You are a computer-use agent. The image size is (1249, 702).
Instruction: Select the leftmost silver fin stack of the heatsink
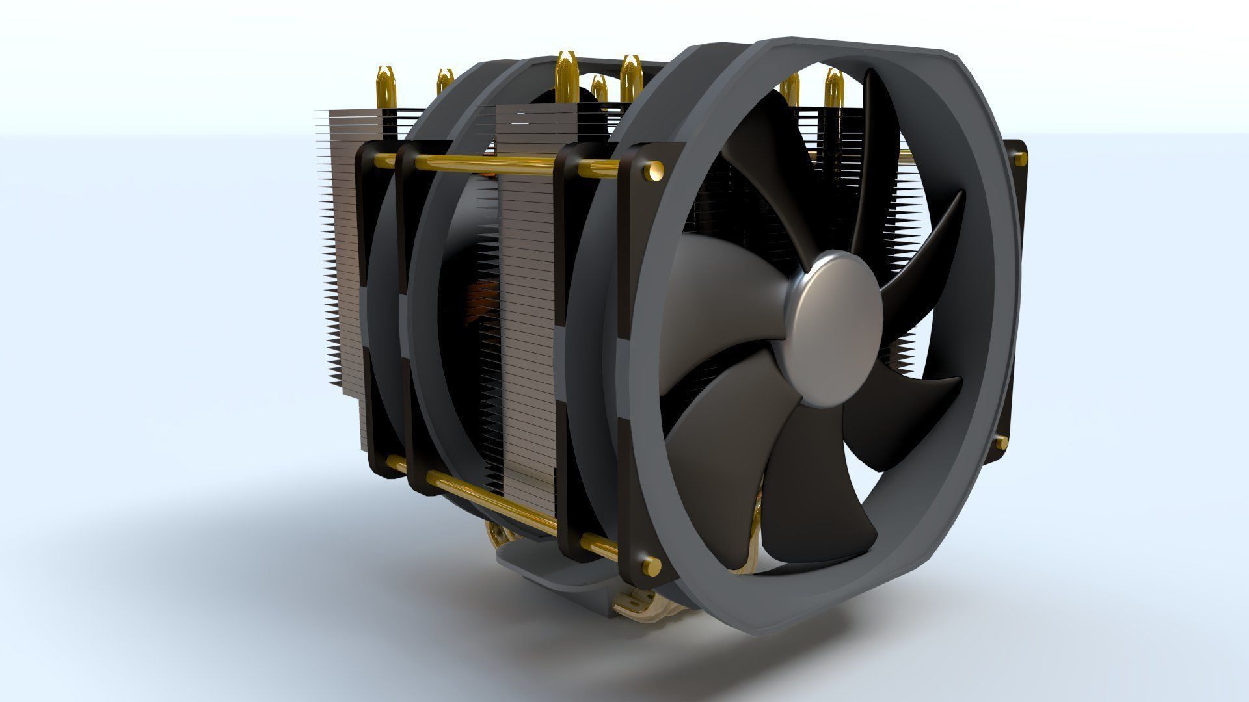(x=342, y=247)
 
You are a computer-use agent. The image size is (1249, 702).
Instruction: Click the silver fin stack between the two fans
(x=527, y=292)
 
